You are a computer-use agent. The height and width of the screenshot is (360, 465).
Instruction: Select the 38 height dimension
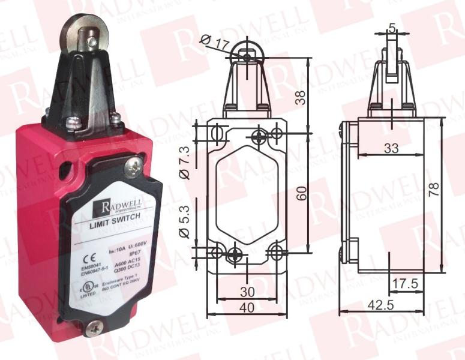[302, 97]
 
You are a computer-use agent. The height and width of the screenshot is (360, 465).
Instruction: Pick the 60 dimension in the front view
[302, 193]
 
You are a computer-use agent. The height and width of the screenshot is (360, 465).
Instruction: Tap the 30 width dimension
[247, 292]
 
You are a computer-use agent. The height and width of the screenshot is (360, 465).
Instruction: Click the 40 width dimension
[247, 307]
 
